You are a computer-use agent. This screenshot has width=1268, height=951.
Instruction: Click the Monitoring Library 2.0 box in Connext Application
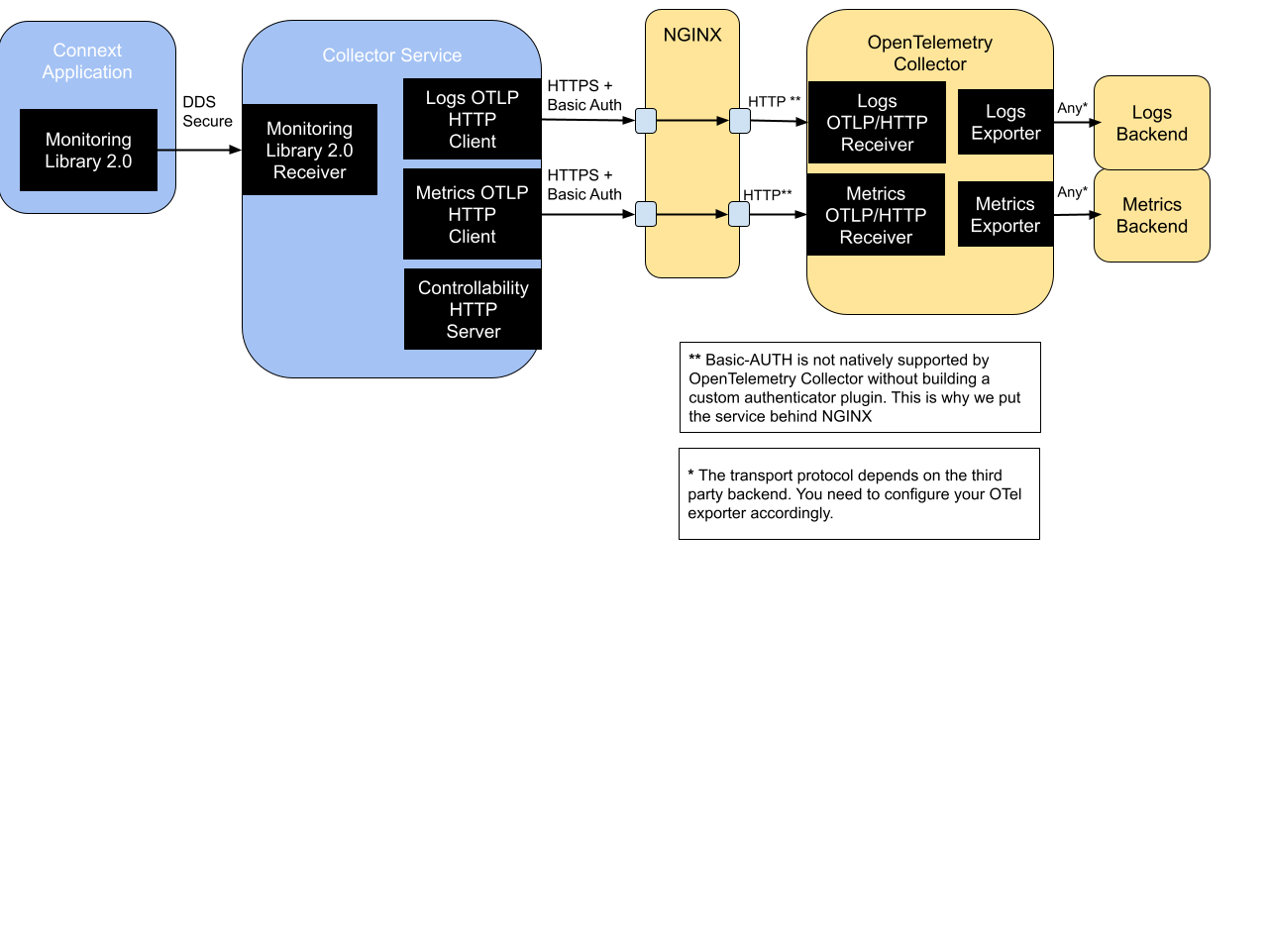point(88,151)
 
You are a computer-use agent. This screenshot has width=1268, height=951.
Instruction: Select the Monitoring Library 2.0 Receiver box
point(309,150)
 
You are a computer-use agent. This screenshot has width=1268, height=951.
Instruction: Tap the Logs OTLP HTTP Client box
point(472,119)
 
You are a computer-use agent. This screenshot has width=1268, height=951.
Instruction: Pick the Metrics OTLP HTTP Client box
point(472,214)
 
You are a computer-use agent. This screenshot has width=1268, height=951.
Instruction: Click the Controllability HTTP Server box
point(473,309)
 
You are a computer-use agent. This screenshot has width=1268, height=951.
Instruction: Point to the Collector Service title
point(391,55)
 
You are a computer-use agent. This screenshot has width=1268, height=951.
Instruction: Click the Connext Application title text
point(87,60)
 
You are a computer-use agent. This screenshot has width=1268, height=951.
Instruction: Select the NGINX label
point(692,35)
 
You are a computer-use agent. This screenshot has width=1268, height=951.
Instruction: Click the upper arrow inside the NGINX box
point(692,121)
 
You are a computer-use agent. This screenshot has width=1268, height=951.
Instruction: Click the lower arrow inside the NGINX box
point(692,214)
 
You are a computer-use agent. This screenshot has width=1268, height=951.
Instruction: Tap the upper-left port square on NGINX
point(646,121)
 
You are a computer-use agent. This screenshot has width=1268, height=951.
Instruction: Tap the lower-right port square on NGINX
point(739,214)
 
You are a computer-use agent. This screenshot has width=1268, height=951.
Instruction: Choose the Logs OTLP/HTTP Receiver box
point(877,123)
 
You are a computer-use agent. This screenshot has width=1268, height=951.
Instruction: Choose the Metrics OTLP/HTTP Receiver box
point(876,215)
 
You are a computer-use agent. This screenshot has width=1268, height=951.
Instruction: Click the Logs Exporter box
point(1005,122)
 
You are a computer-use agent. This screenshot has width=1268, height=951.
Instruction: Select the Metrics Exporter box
point(1004,214)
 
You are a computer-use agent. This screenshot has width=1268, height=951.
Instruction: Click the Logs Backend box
point(1151,123)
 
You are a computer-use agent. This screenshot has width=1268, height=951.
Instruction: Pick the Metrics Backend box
point(1151,215)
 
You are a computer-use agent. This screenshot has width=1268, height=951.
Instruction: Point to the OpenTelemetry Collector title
point(929,53)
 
